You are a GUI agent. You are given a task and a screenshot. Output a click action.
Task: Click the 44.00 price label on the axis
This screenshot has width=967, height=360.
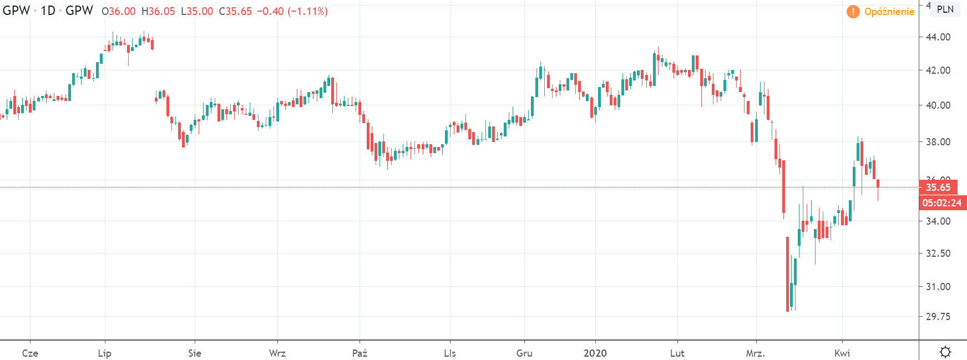point(938,37)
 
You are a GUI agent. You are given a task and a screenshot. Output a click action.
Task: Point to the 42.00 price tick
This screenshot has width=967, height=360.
point(938,70)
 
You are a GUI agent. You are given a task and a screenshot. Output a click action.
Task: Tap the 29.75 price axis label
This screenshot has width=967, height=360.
point(938,317)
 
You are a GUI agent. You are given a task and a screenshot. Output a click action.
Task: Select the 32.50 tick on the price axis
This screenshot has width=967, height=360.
point(938,253)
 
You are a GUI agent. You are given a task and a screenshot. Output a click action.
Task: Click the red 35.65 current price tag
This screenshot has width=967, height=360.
point(938,187)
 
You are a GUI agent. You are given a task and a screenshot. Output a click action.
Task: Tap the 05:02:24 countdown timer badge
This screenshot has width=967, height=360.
point(942,203)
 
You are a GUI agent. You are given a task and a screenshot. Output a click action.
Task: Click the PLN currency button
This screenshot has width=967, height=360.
point(945,9)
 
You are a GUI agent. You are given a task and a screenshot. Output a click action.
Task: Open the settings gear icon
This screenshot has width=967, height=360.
point(945,352)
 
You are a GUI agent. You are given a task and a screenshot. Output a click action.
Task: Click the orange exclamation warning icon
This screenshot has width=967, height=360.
point(853,12)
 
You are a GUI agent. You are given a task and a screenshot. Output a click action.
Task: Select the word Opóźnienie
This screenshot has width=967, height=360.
point(889,12)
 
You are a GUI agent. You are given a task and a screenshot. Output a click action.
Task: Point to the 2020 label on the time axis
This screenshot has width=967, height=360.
point(595,353)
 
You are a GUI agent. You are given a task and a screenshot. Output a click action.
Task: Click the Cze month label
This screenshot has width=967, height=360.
point(30,353)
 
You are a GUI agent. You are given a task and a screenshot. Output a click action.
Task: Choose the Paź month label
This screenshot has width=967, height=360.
point(360,353)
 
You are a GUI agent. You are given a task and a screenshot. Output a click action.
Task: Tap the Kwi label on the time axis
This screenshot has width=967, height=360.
point(842,353)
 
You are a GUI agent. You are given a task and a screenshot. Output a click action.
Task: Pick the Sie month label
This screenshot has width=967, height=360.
point(195,353)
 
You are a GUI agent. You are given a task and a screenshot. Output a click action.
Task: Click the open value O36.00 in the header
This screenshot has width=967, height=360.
point(119,12)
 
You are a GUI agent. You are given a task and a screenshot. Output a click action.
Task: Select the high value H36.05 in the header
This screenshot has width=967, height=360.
point(158,12)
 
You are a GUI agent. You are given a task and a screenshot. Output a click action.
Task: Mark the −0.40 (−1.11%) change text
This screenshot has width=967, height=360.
point(292,12)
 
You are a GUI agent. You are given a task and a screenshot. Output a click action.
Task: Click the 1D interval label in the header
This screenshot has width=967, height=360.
point(48,11)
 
